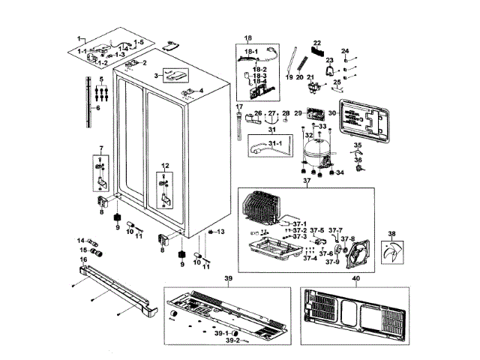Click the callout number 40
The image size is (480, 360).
click(355, 279)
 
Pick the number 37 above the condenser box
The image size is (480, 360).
click(305, 181)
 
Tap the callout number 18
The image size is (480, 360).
click(248, 37)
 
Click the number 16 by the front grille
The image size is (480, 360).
click(83, 258)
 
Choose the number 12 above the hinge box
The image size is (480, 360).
click(166, 165)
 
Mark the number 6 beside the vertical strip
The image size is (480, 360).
click(96, 108)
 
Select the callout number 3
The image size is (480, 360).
click(157, 76)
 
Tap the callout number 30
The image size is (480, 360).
click(331, 113)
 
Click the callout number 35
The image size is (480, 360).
click(358, 145)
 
